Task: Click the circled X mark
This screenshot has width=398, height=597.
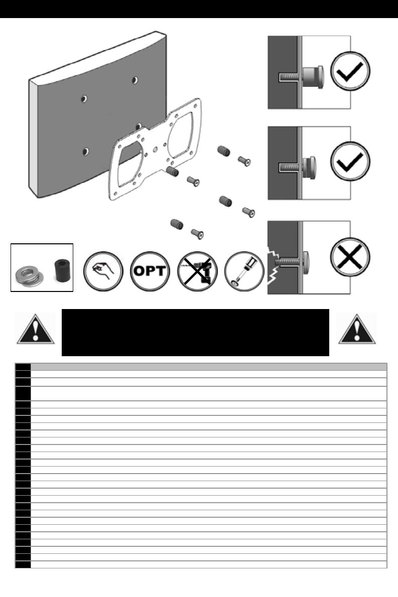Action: [351, 257]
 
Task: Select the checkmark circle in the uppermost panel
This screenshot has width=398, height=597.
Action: [351, 72]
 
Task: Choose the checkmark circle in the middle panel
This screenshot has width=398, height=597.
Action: [351, 163]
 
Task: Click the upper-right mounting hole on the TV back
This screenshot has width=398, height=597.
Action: [135, 80]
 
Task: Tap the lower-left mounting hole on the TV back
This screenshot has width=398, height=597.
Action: [86, 151]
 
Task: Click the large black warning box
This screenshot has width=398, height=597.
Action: [195, 332]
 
